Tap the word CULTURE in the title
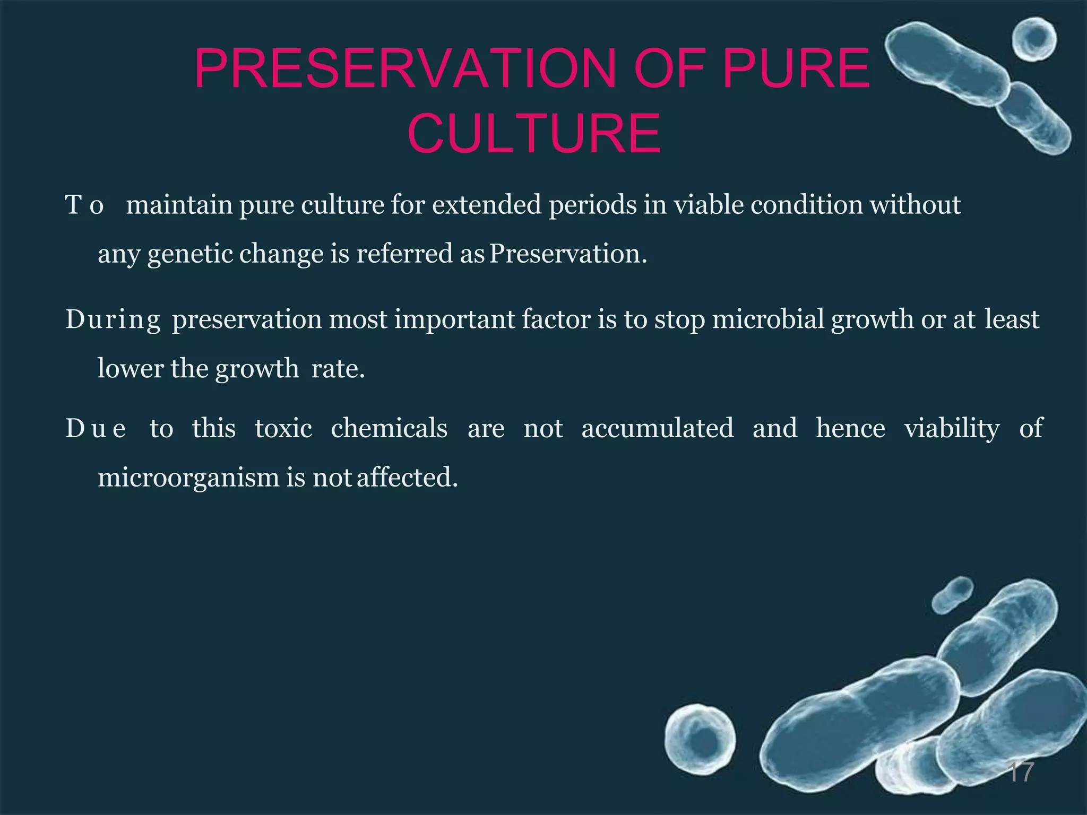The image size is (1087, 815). click(534, 134)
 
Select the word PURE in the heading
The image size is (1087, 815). click(796, 70)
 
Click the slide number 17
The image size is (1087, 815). click(1021, 772)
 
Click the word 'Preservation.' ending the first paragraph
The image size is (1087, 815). click(568, 253)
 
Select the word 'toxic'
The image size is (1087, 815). click(283, 428)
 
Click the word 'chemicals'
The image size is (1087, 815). click(389, 428)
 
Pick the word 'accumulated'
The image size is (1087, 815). click(658, 428)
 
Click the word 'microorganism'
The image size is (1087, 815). click(188, 478)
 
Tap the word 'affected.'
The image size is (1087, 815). click(407, 477)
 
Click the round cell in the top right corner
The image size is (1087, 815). click(1034, 39)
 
